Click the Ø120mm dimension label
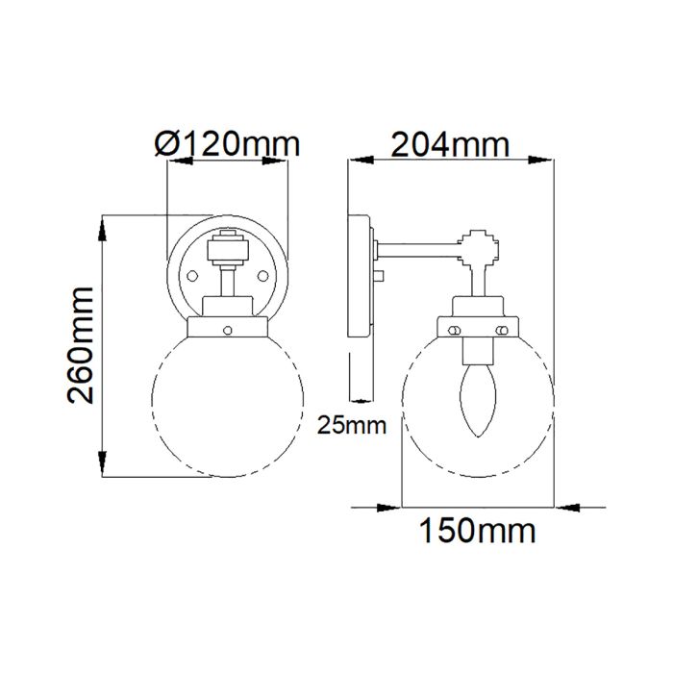[228, 144]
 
